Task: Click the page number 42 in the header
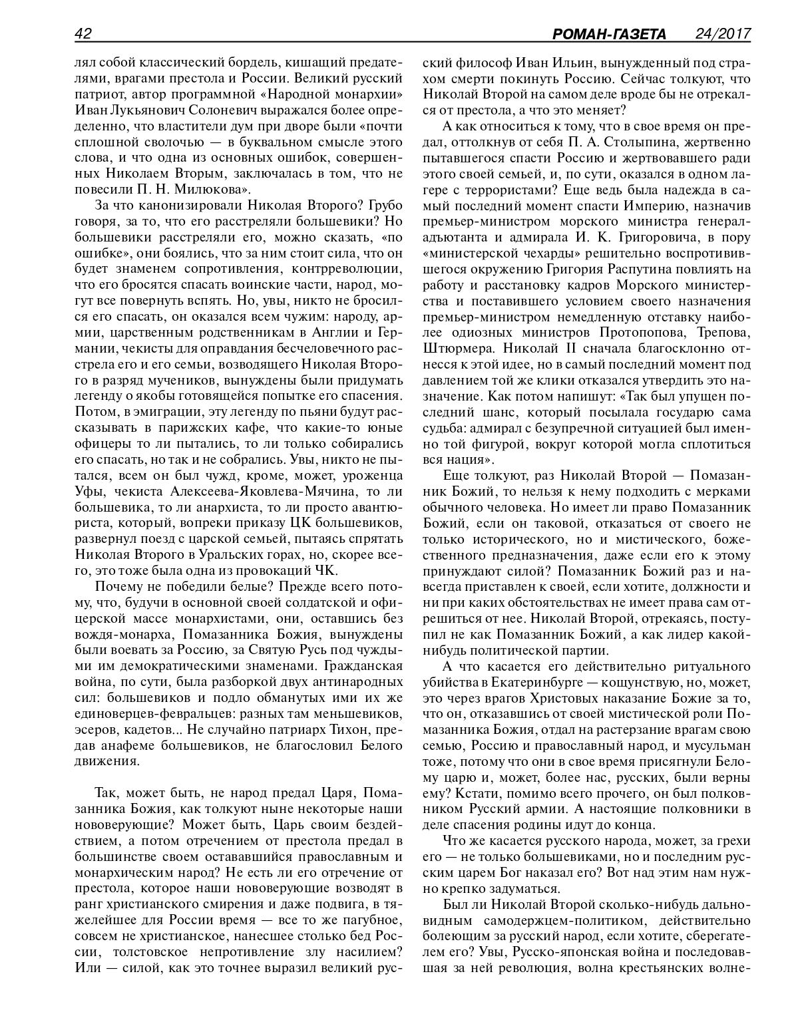pyautogui.click(x=83, y=33)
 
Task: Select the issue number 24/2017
pyautogui.click(x=721, y=33)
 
